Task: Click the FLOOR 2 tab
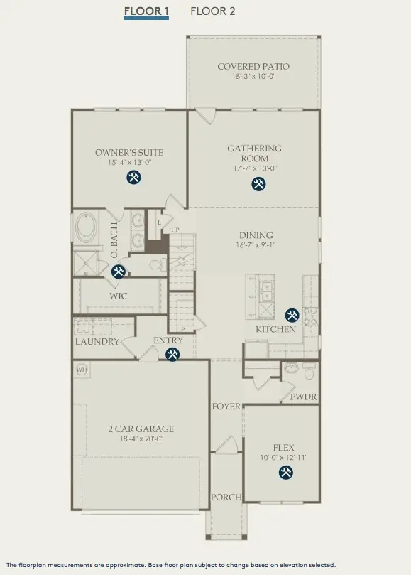[x=212, y=11]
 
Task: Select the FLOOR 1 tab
[x=146, y=11]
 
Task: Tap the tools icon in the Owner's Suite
[x=133, y=177]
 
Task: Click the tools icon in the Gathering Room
[x=258, y=183]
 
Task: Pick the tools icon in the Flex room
[x=286, y=473]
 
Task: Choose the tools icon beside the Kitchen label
[x=292, y=315]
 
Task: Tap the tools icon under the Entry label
[x=172, y=355]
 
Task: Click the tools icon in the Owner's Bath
[x=118, y=272]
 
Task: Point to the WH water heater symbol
[x=82, y=370]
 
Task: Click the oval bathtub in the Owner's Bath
[x=87, y=227]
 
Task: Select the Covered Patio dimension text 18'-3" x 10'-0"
[x=253, y=77]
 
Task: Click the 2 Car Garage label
[x=141, y=429]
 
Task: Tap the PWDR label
[x=303, y=397]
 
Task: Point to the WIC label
[x=119, y=296]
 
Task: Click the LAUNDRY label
[x=97, y=342]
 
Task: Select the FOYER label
[x=226, y=407]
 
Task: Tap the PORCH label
[x=226, y=498]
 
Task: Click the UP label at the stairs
[x=175, y=230]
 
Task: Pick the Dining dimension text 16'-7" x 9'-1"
[x=256, y=245]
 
